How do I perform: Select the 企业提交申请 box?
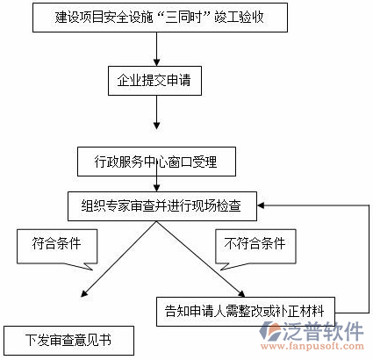pos(155,82)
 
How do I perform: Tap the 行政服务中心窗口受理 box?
pos(156,162)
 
